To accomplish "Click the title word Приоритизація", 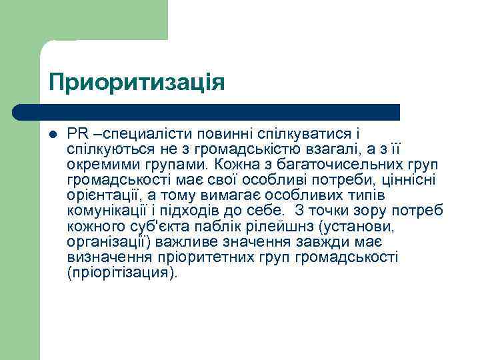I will coord(137,83).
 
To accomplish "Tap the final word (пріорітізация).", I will coord(123,273).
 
